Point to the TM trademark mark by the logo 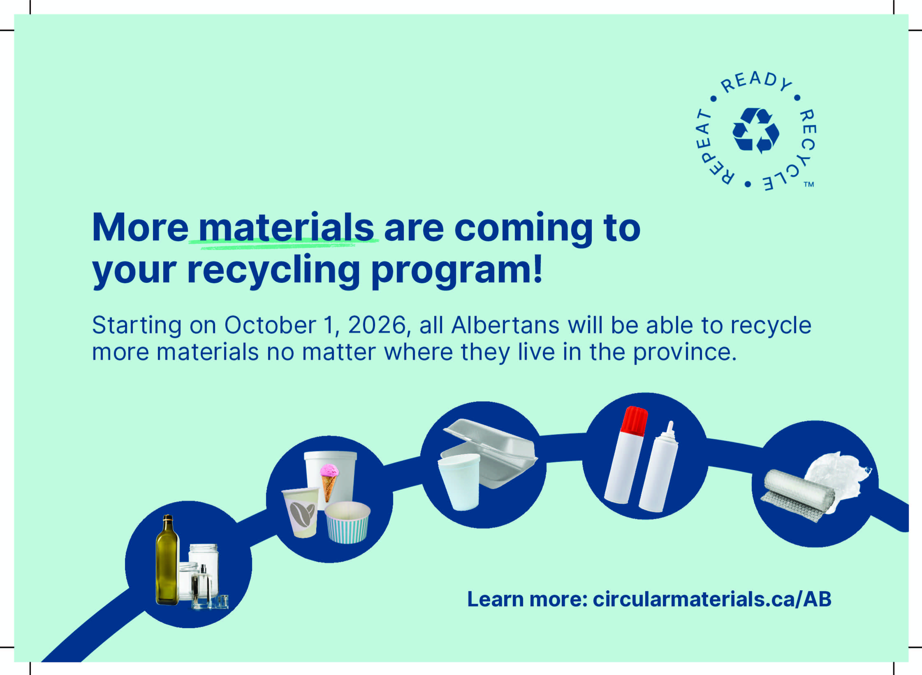coord(809,184)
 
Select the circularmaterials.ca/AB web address coord(712,599)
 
